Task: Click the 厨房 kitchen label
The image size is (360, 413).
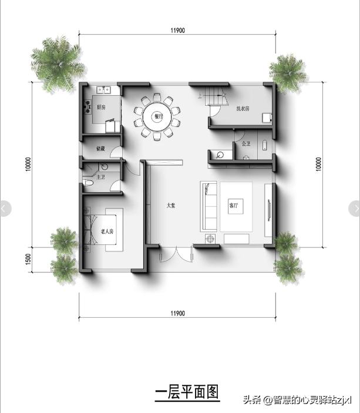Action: point(101,108)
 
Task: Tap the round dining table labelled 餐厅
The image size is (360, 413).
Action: point(157,116)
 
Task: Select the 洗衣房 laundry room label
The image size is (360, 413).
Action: point(243,109)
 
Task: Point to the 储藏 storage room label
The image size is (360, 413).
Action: point(100,149)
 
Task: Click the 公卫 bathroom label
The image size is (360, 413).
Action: point(245,143)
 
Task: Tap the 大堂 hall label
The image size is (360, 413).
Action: point(170,206)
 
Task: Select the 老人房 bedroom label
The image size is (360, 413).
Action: point(107,231)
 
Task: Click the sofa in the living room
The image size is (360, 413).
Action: point(208,206)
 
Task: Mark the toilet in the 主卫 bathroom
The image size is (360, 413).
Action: point(89,184)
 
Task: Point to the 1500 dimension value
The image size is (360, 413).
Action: point(28,259)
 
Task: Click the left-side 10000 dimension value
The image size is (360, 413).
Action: point(28,164)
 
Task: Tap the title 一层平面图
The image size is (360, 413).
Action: point(187,392)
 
